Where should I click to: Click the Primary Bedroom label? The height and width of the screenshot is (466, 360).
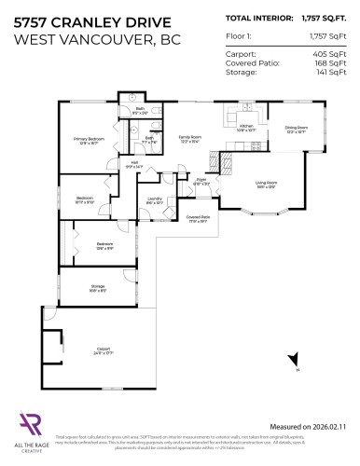click(89, 142)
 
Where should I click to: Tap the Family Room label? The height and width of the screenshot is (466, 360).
click(190, 139)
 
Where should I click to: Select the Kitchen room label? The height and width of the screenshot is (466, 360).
click(245, 127)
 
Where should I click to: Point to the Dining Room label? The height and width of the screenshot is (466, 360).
click(297, 130)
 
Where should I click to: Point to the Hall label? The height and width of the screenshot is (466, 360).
click(133, 165)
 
